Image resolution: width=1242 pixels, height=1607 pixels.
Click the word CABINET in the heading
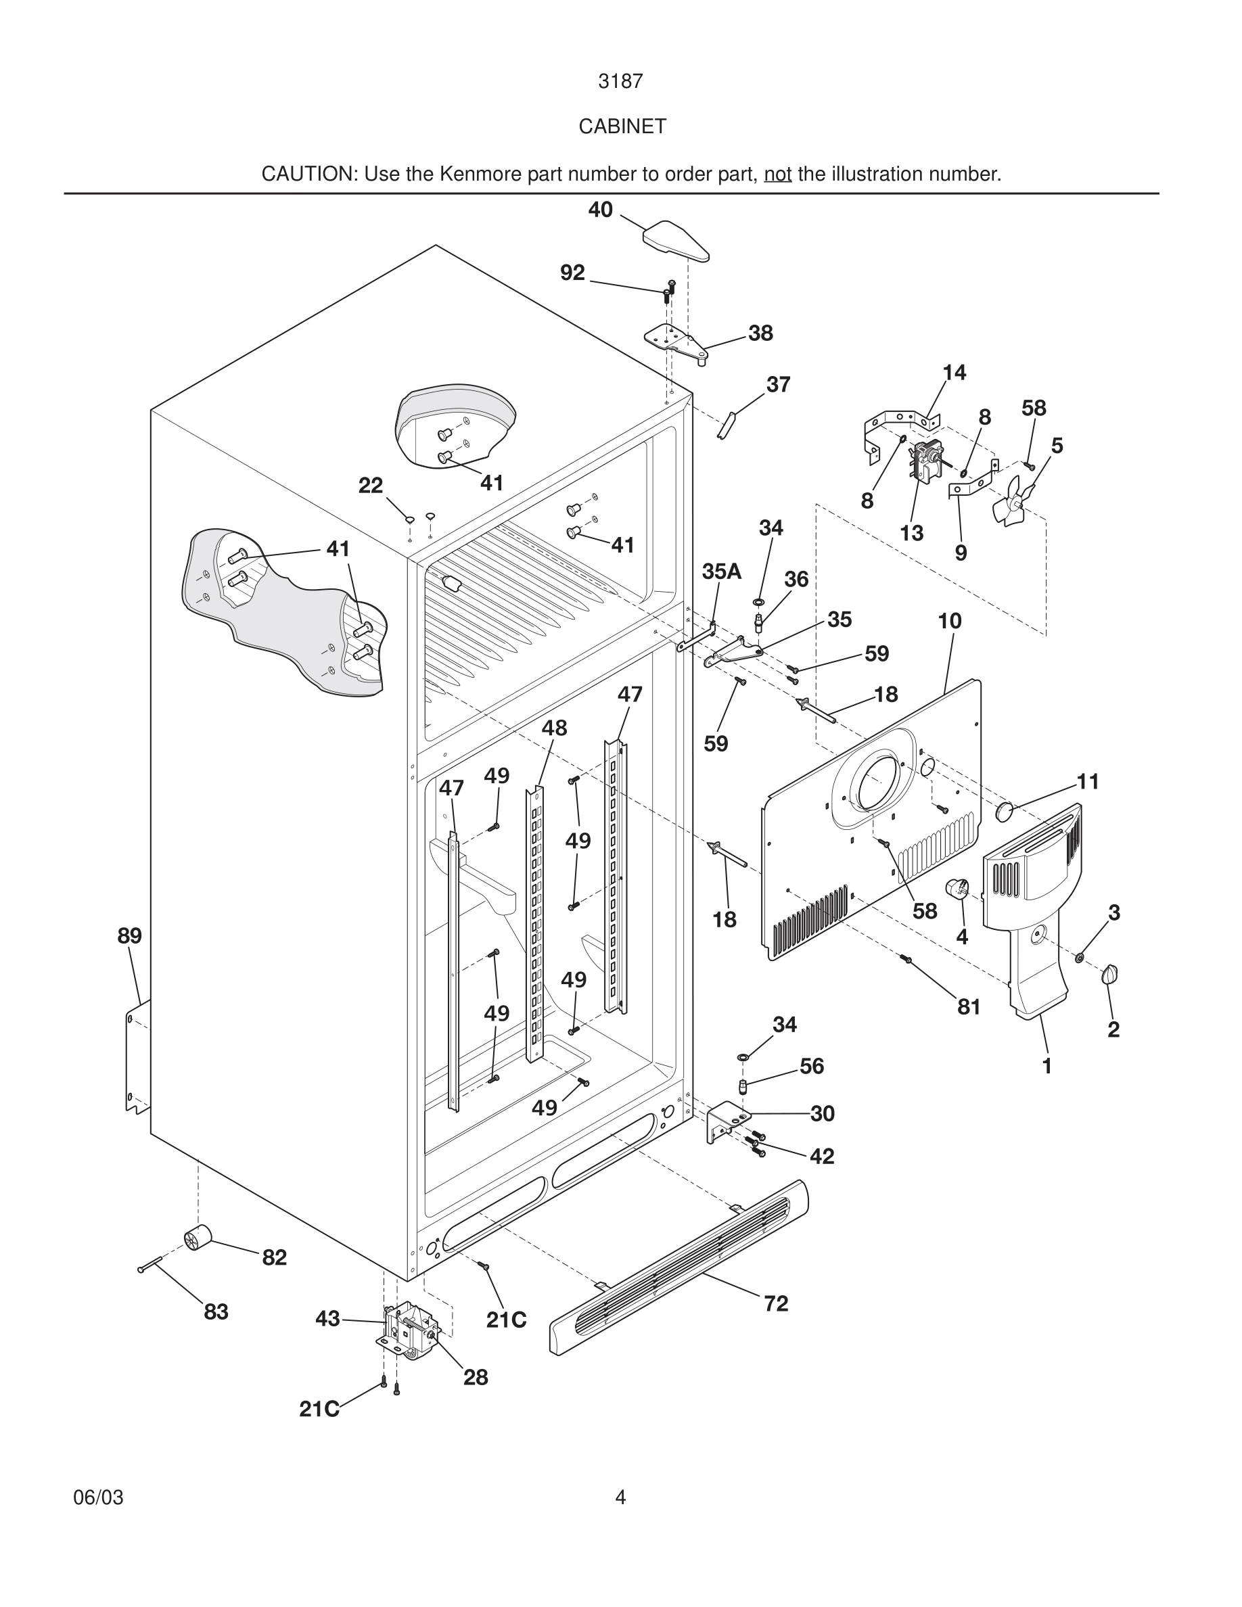click(x=622, y=126)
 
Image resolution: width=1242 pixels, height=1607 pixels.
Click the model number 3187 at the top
click(x=620, y=82)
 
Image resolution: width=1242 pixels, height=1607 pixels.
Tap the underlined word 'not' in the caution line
click(x=778, y=174)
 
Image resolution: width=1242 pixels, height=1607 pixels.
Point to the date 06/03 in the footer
click(x=98, y=1497)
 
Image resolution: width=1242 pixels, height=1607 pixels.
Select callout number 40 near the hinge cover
click(x=601, y=210)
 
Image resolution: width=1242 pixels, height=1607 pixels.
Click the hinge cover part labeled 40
click(x=675, y=241)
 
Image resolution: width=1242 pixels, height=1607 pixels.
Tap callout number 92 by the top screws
click(x=572, y=273)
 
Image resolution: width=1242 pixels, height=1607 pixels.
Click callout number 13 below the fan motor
click(x=912, y=534)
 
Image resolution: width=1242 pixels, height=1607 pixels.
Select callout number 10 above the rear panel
click(x=949, y=621)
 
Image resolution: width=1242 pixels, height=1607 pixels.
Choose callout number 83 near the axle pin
click(x=216, y=1312)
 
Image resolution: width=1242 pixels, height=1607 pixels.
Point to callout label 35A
click(x=721, y=571)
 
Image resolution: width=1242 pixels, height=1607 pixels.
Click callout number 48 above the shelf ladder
click(x=554, y=728)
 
